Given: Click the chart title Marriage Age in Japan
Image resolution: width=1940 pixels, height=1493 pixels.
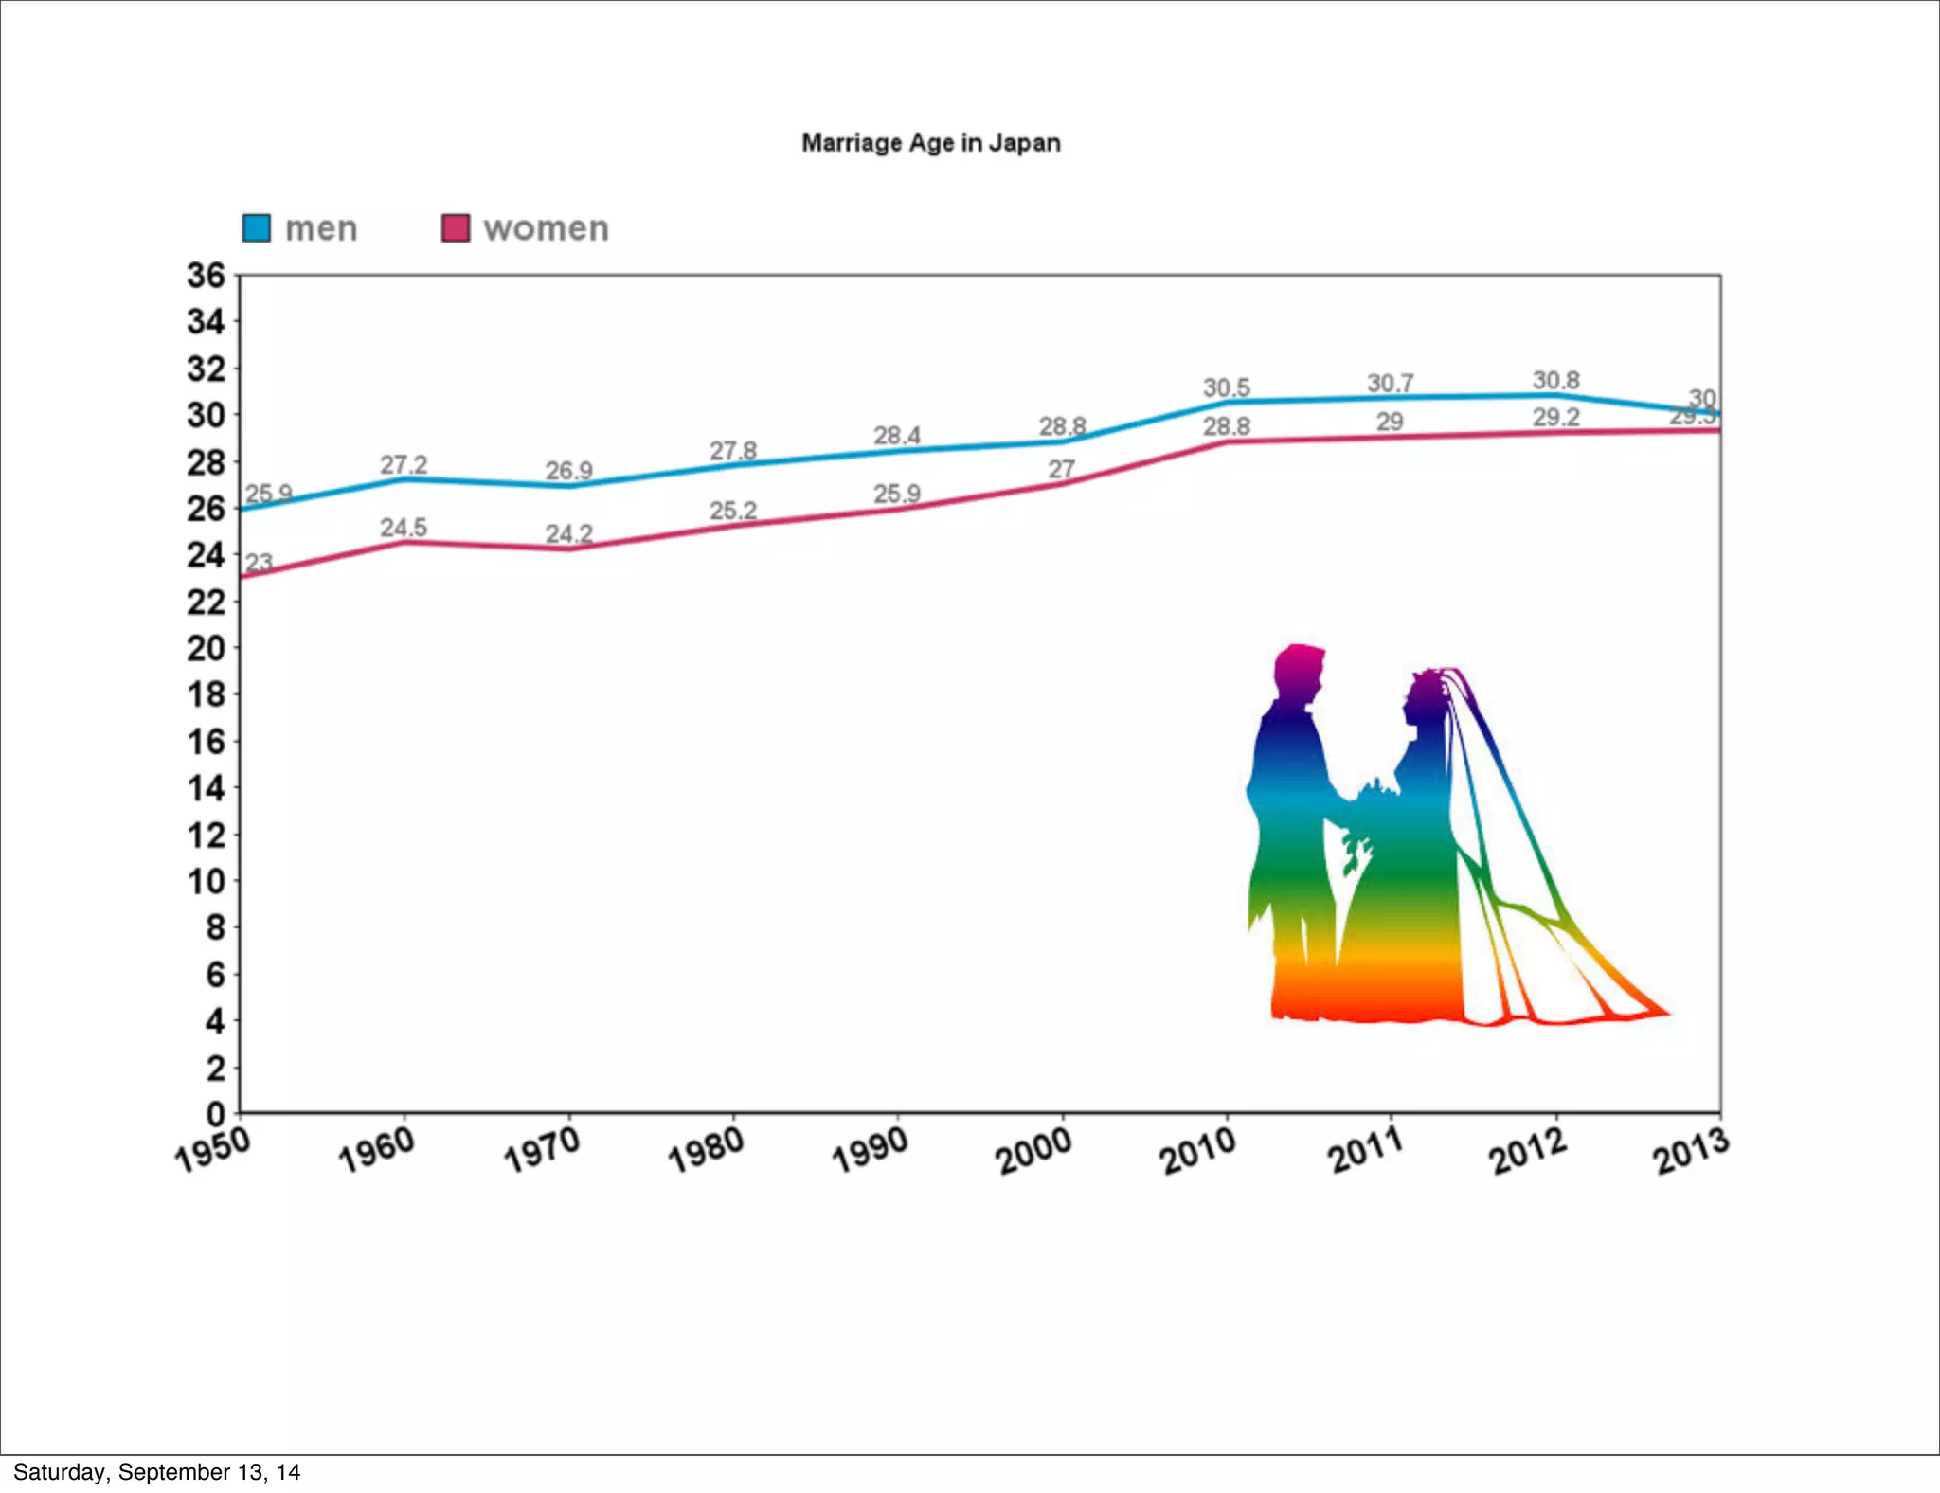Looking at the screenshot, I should tap(930, 143).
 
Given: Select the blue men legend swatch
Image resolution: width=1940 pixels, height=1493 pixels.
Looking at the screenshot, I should tap(257, 228).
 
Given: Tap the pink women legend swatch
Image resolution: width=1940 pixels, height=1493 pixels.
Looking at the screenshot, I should tap(456, 228).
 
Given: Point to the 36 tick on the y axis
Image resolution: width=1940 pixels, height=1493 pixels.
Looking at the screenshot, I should tap(206, 276).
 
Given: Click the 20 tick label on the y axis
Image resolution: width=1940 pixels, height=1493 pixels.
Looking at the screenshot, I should tap(206, 649).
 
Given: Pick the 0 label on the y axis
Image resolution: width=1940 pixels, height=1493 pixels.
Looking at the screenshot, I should tap(216, 1114).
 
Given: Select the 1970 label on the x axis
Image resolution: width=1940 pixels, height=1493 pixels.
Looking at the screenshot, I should tap(542, 1149).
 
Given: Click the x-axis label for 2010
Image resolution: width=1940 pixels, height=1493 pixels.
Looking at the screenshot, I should tap(1199, 1150).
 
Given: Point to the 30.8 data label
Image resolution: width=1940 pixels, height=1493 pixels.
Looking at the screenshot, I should tap(1555, 380).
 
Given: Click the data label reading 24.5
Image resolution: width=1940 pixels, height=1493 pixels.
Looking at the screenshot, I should tap(404, 527).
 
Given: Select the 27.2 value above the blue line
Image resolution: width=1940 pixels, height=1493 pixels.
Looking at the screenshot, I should tap(404, 464).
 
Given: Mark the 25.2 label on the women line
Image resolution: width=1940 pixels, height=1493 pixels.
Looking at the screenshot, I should tap(733, 511).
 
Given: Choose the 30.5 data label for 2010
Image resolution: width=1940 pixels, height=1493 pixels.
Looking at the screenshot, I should tap(1227, 387).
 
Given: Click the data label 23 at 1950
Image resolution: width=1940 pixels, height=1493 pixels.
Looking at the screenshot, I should tap(259, 562).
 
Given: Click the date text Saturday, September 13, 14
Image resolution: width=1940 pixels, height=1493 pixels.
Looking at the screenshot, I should tap(156, 1472).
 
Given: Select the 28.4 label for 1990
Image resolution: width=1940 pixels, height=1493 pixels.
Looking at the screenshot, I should tap(896, 435).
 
